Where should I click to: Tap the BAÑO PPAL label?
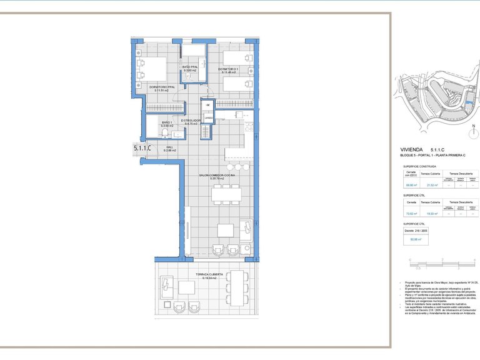[x=190, y=67]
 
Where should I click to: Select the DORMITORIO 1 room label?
[x=229, y=69]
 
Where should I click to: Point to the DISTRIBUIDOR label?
[x=190, y=121]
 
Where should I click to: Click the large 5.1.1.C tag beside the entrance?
[x=142, y=148]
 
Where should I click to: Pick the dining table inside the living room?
[x=226, y=195]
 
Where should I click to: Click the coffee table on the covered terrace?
[x=187, y=287]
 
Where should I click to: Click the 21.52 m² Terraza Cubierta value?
[x=431, y=185]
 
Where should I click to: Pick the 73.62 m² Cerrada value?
[x=411, y=214]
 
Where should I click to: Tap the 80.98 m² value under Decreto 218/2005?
[x=416, y=239]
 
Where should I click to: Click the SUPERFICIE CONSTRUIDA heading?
[x=420, y=167]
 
